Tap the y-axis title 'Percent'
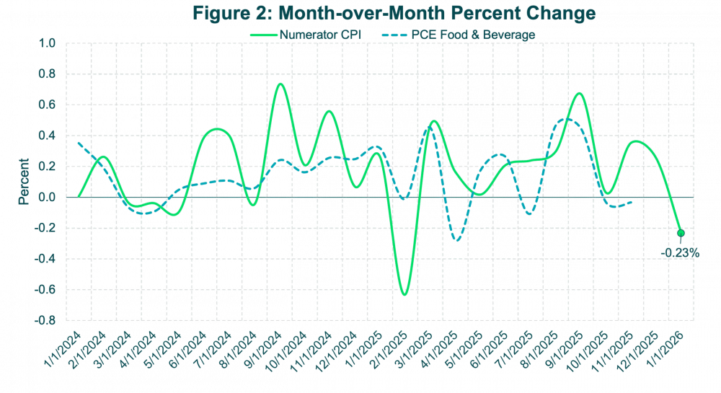coord(25,182)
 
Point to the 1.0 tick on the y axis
coord(47,44)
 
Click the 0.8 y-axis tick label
coord(47,75)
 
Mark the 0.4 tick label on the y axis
coord(47,136)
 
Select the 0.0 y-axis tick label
coord(47,198)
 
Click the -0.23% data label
coord(680,252)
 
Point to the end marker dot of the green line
coord(680,233)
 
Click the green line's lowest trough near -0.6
coord(404,294)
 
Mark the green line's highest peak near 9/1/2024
coord(280,84)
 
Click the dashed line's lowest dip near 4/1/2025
coord(456,240)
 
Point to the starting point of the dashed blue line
coord(78,143)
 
